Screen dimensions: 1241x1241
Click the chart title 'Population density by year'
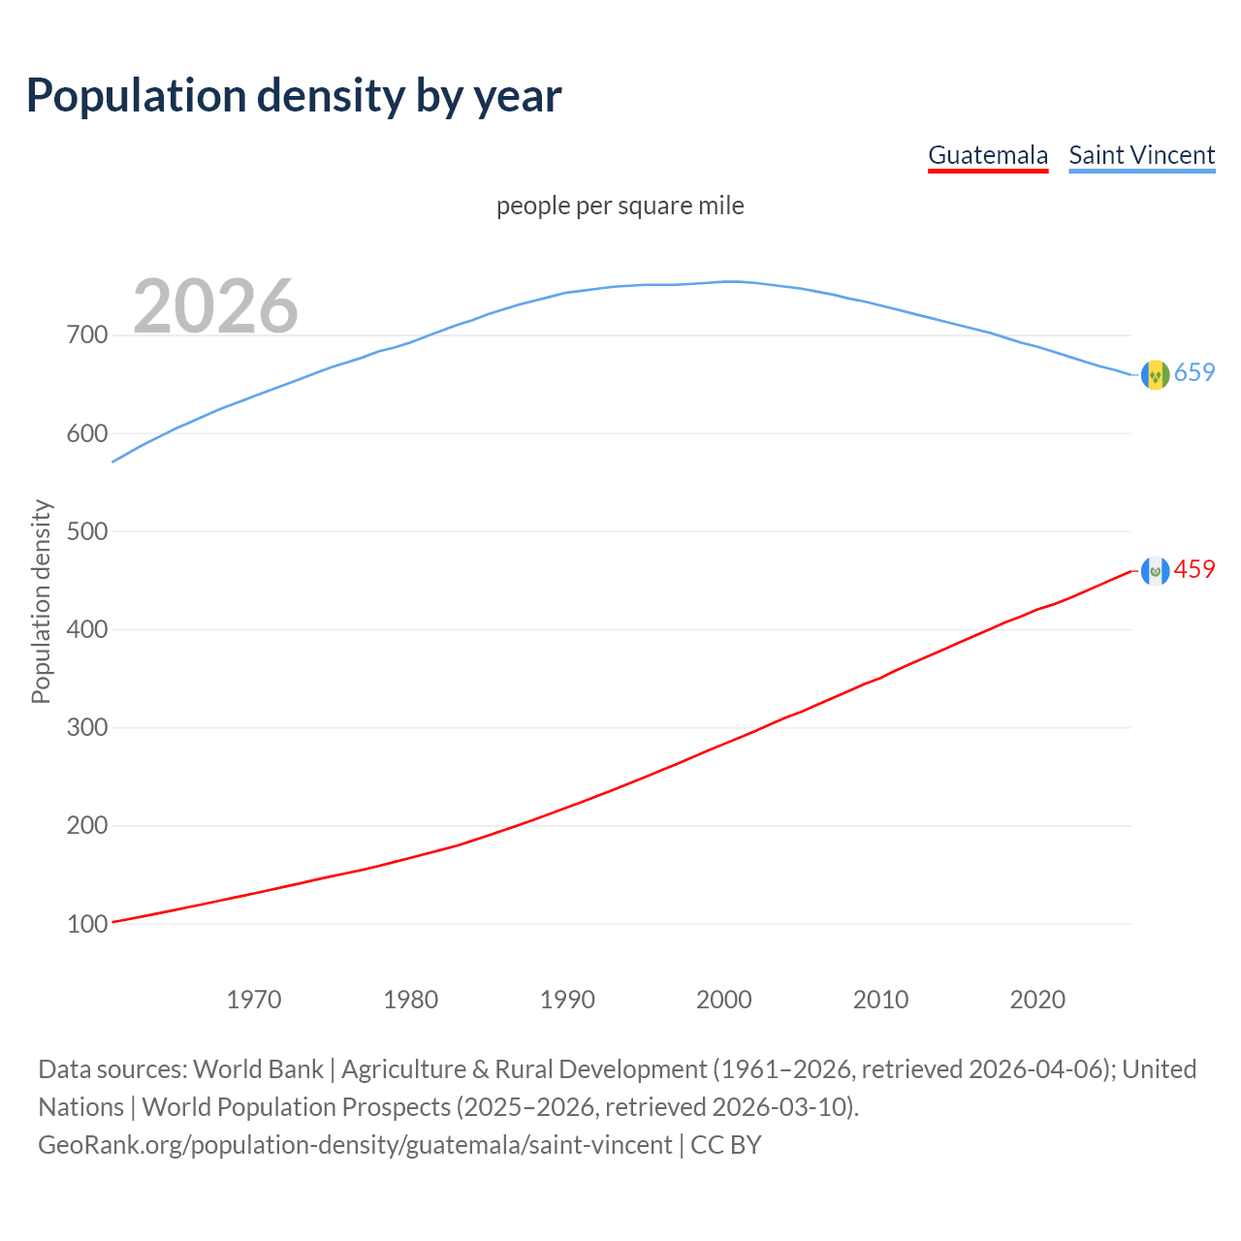tap(294, 95)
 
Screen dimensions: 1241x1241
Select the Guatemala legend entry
tap(988, 155)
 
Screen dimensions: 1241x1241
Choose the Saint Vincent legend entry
tap(1141, 155)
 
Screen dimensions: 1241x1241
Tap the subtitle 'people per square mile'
tap(620, 206)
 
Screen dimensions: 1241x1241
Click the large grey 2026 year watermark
tap(215, 306)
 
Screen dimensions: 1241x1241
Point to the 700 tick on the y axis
tap(86, 335)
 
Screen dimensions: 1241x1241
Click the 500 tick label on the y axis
tap(86, 531)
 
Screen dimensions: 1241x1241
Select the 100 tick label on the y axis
tap(86, 924)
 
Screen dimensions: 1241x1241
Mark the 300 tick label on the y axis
tap(86, 728)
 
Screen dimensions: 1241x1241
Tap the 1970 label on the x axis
tap(254, 1000)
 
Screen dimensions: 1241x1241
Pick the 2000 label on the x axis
tap(724, 1000)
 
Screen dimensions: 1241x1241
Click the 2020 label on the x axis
tap(1037, 1000)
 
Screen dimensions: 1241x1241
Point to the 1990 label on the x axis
tap(567, 1000)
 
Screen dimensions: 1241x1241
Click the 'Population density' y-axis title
tap(41, 601)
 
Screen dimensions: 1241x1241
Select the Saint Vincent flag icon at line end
tap(1155, 374)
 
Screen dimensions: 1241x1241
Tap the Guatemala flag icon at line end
tap(1155, 571)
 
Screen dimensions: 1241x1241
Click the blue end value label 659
tap(1194, 373)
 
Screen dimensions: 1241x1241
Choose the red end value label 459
tap(1194, 570)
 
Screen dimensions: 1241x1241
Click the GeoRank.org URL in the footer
tap(355, 1145)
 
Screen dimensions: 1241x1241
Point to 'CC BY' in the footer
tap(726, 1145)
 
